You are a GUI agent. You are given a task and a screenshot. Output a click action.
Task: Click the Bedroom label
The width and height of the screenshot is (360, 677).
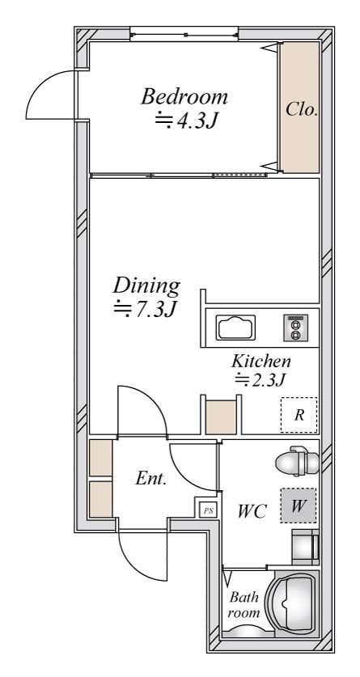(x=184, y=96)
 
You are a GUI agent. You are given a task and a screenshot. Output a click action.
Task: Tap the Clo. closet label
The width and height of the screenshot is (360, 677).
(x=302, y=110)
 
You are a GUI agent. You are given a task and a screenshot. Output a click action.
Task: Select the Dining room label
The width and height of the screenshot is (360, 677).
(x=146, y=286)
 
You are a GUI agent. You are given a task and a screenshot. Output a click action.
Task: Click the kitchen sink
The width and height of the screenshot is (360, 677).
(x=235, y=328)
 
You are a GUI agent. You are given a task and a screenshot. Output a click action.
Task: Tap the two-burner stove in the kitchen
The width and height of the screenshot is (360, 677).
(x=295, y=328)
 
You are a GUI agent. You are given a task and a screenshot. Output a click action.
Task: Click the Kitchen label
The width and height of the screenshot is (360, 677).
(x=261, y=361)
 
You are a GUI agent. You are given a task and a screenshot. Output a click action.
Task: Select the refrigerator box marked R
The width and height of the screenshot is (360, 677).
(x=299, y=415)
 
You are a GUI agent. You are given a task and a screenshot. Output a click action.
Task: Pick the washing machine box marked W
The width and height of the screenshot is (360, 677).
(x=298, y=506)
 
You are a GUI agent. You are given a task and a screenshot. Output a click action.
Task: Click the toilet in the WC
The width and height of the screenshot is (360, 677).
(x=298, y=462)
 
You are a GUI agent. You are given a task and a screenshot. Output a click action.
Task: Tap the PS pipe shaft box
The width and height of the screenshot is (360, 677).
(x=209, y=510)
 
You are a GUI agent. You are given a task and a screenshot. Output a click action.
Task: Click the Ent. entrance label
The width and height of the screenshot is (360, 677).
(x=151, y=478)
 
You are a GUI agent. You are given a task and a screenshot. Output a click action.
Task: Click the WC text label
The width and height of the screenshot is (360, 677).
(x=252, y=512)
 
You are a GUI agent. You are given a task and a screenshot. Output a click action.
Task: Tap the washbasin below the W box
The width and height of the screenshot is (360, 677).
(x=306, y=547)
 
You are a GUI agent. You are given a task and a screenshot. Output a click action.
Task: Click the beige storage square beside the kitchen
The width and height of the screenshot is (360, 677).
(x=221, y=417)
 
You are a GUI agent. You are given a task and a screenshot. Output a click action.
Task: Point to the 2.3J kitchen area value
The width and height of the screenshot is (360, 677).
(x=260, y=379)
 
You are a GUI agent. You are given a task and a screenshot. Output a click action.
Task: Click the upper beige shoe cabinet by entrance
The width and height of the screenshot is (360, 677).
(x=100, y=458)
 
